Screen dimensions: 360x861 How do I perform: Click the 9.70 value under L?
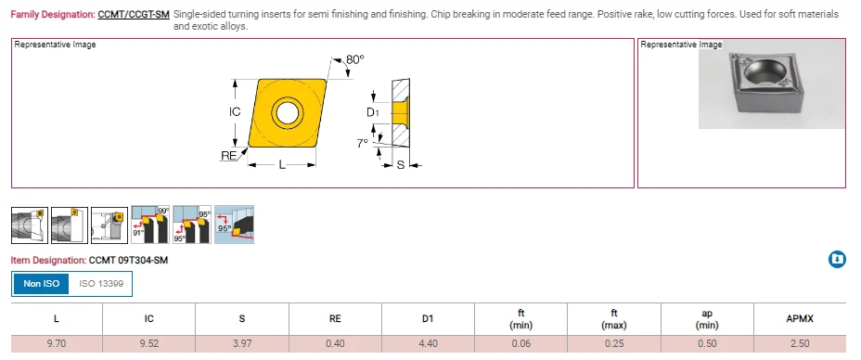coord(57,343)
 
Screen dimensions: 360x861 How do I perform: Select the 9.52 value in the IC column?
coord(149,343)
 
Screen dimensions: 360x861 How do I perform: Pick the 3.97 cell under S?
coord(242,343)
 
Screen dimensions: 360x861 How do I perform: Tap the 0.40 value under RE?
coord(335,343)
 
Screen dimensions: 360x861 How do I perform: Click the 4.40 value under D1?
coord(428,343)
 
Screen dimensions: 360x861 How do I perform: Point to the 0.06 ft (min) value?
coord(520,343)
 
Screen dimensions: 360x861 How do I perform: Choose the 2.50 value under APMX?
coord(799,343)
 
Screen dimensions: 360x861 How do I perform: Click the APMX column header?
coord(799,318)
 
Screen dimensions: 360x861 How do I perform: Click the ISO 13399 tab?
coord(100,283)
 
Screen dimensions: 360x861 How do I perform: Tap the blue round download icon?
coord(837,260)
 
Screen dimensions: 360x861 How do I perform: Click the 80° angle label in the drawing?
coord(354,59)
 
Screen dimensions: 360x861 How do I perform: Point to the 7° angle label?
coord(363,143)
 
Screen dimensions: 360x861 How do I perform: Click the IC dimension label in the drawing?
coord(235,112)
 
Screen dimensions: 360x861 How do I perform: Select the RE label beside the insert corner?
coord(228,156)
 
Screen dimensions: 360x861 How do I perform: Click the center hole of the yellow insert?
coord(286,113)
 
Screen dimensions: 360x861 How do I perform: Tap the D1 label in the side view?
coord(372,112)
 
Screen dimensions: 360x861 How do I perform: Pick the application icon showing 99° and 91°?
coord(149,224)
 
